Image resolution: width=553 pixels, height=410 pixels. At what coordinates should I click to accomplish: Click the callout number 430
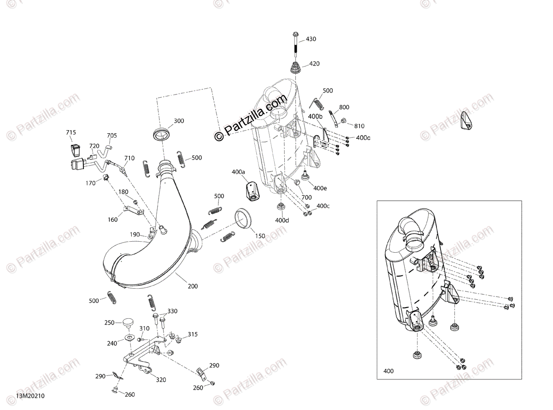[x=311, y=39]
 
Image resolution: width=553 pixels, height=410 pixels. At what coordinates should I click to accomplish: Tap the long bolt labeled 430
[x=295, y=45]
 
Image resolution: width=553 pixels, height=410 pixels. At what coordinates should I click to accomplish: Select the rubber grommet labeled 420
[x=295, y=67]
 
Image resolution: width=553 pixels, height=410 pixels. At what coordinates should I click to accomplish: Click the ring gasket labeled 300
[x=162, y=134]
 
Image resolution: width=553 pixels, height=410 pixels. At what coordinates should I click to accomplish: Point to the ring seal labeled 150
[x=243, y=219]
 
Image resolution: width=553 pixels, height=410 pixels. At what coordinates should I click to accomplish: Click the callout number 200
[x=193, y=286]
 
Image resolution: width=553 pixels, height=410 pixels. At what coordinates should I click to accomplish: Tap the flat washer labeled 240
[x=129, y=338]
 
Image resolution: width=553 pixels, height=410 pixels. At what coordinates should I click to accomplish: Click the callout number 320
[x=161, y=380]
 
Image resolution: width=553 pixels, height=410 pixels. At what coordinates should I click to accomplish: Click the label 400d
[x=282, y=220]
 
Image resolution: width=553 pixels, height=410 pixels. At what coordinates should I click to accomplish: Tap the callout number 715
[x=71, y=132]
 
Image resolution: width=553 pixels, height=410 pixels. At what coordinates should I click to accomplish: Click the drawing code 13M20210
[x=30, y=396]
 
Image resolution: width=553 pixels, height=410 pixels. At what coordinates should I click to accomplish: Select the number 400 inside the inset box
[x=388, y=378]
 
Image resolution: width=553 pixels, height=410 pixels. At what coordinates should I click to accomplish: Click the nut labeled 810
[x=344, y=120]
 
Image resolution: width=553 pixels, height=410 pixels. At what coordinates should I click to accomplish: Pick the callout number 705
[x=112, y=136]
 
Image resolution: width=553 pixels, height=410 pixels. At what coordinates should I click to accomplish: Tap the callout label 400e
[x=320, y=188]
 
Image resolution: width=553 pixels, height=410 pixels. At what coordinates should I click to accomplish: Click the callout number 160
[x=112, y=220]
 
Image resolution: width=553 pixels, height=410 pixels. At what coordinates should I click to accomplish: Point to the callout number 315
[x=193, y=334]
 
